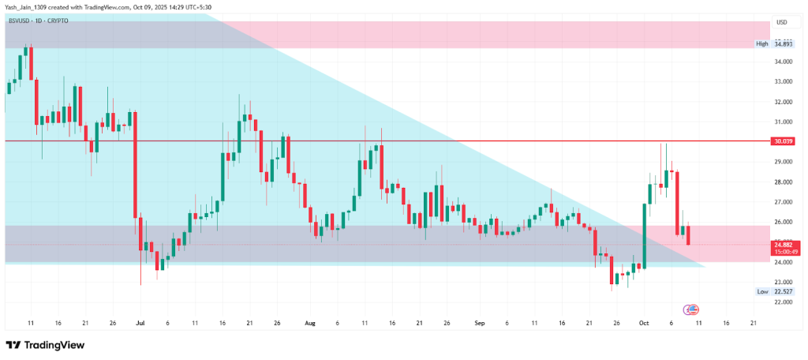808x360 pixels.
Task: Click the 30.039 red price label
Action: (x=783, y=141)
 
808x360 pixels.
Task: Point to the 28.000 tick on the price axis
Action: (x=783, y=182)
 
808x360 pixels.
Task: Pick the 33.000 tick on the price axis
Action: (x=783, y=81)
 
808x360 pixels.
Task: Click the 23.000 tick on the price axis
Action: (x=783, y=282)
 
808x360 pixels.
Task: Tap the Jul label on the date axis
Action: (x=140, y=323)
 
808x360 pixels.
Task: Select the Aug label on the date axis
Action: (x=309, y=323)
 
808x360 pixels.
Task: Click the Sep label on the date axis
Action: (x=479, y=323)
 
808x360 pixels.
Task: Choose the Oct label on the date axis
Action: (x=643, y=323)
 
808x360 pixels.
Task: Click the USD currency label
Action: (x=783, y=22)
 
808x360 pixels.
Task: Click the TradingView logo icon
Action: (x=13, y=346)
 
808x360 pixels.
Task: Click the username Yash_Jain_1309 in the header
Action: (x=28, y=7)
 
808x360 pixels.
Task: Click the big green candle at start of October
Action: (x=644, y=235)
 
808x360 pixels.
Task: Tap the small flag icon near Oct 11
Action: (x=692, y=309)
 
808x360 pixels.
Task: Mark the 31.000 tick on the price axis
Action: (x=783, y=122)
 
